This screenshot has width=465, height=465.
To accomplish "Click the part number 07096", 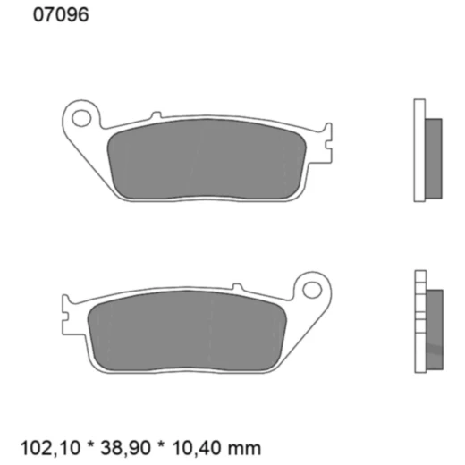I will [x=60, y=15].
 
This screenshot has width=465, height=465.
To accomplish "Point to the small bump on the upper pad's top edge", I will [x=156, y=114].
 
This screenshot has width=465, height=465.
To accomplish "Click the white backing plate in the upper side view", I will [x=419, y=149].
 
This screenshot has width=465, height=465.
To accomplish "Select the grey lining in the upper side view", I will [x=434, y=149].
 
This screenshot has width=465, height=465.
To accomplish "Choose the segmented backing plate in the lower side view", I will [x=419, y=322].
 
